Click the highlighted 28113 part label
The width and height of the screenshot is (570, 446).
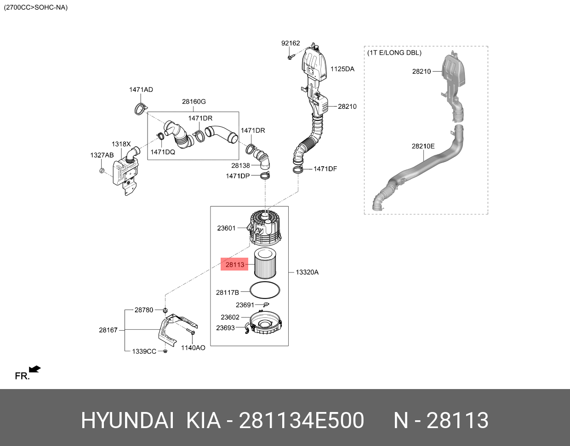234,264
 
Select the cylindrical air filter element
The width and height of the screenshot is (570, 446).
263,264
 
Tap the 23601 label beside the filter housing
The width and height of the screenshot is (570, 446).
226,228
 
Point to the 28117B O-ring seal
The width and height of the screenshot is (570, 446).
265,291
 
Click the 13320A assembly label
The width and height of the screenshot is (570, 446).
307,272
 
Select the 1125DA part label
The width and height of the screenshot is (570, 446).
342,69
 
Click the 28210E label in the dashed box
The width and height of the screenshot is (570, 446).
423,146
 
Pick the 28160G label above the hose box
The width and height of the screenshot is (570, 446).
194,102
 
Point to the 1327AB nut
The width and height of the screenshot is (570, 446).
102,171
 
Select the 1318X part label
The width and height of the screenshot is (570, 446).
121,144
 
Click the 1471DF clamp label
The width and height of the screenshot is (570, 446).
325,169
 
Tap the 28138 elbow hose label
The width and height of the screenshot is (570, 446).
240,165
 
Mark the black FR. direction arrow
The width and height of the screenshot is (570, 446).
34,369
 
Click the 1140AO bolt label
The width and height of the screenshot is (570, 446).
193,348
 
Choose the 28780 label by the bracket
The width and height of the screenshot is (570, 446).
144,310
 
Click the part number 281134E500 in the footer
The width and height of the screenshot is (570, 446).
302,420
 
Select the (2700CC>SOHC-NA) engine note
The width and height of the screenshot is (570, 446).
35,7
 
